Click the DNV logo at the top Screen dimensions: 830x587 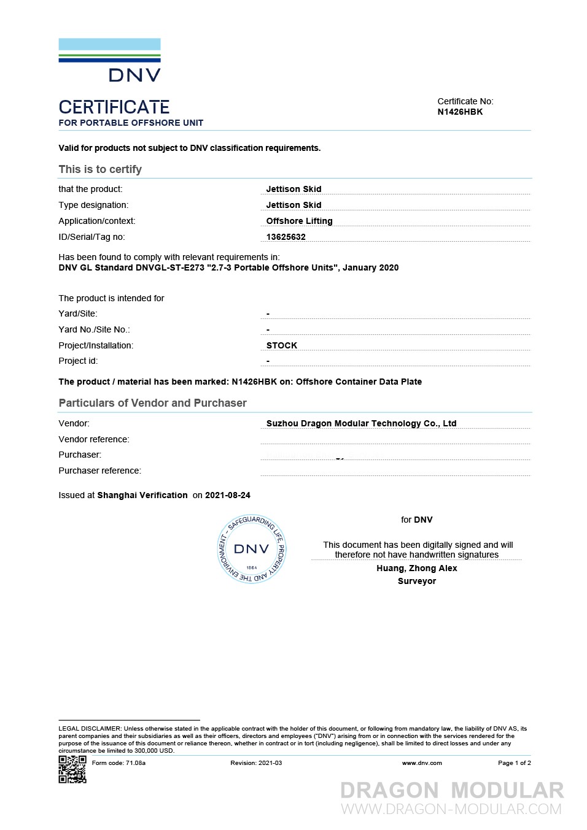(110, 60)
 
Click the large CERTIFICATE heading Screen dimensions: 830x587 (114, 107)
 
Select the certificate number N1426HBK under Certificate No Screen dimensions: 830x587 (460, 112)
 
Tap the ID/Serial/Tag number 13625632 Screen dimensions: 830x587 (286, 237)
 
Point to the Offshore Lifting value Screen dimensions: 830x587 (299, 221)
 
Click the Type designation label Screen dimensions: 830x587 (93, 205)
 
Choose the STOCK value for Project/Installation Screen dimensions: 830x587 (282, 345)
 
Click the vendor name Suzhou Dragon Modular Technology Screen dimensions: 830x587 (361, 423)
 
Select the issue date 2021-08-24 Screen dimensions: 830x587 (228, 495)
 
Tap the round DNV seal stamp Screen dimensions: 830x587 (252, 549)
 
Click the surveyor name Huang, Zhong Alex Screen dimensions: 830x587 (417, 568)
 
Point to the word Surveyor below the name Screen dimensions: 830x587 (417, 581)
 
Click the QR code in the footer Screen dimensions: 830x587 (72, 769)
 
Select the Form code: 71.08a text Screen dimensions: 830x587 (119, 763)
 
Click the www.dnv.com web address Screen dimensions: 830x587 (422, 763)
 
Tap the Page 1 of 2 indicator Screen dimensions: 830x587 (514, 763)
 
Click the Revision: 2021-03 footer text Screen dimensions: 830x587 (256, 763)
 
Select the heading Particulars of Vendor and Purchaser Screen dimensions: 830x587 (152, 403)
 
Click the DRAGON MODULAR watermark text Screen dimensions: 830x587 (452, 790)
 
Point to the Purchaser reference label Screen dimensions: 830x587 (99, 471)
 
